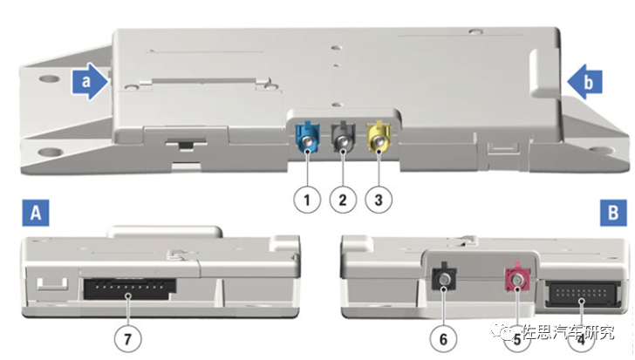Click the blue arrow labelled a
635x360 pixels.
tap(90, 81)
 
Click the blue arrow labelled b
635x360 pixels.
tap(584, 82)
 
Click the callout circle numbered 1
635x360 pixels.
tap(307, 200)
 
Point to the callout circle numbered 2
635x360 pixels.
tap(343, 200)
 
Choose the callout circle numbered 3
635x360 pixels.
tap(379, 200)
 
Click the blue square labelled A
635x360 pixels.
tap(36, 213)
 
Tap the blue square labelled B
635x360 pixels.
tap(613, 213)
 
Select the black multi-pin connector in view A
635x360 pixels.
tap(130, 289)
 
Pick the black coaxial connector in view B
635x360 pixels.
tap(444, 278)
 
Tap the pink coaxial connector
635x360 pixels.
tap(516, 278)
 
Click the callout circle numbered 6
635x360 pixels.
tap(443, 339)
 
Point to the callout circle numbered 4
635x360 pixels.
tap(581, 339)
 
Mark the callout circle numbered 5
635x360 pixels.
tap(517, 339)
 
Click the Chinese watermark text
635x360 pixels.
tap(567, 332)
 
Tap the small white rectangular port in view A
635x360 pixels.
tap(52, 283)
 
